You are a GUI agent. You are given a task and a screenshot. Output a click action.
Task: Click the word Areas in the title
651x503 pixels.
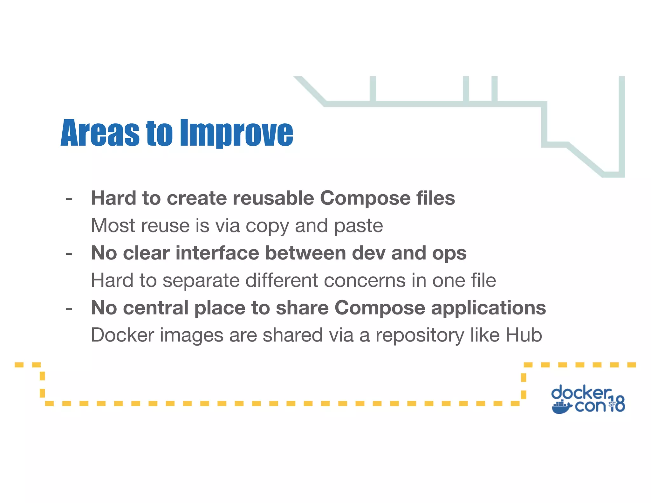pos(100,133)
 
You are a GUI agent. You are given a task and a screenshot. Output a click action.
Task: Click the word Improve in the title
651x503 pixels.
pos(236,133)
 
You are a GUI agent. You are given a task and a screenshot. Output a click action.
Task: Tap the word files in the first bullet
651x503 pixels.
pos(435,198)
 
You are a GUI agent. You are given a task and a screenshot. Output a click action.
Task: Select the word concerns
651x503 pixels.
pos(364,281)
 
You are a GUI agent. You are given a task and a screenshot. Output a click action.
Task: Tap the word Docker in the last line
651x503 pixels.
pos(122,335)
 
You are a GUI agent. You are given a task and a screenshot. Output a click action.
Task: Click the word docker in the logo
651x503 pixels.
pos(581,393)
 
